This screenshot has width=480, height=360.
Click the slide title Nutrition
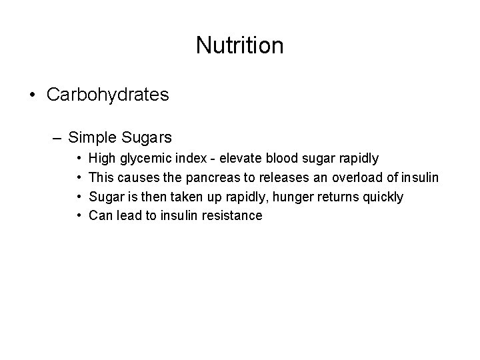(x=240, y=45)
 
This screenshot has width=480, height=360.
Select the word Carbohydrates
(x=107, y=95)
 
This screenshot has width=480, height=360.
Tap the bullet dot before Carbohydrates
(x=33, y=95)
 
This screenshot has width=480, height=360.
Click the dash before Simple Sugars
(x=58, y=138)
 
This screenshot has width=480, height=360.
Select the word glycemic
(x=146, y=159)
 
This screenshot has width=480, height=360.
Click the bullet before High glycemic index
(x=79, y=159)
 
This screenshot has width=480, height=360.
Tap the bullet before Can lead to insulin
(x=79, y=216)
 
